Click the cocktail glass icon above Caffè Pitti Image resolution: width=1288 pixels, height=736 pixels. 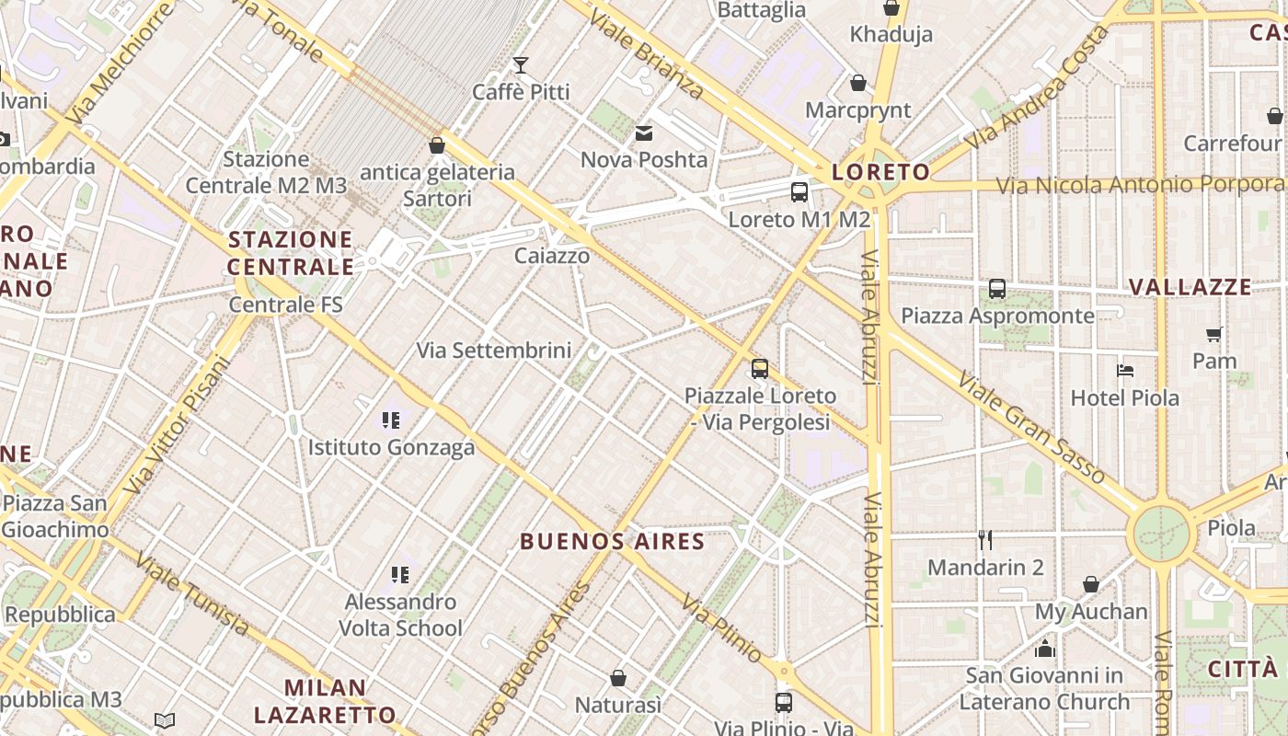[521, 64]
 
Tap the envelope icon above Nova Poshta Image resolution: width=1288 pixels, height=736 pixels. [644, 133]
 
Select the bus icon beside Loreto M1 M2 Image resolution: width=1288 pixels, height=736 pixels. [799, 192]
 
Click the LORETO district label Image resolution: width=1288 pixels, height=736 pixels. [880, 172]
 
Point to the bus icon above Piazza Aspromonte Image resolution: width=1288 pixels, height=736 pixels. [997, 289]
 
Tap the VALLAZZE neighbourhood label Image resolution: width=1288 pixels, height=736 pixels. [1190, 287]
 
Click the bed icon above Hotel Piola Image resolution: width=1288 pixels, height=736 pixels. [1124, 371]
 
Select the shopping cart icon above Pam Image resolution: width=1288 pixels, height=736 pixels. [1213, 334]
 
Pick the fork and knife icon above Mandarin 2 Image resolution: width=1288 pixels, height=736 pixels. [985, 539]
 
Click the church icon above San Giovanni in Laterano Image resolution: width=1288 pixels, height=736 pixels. [1044, 649]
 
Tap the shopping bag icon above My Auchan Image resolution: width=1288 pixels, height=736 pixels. [1091, 584]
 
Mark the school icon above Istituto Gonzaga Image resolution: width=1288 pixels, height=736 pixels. [391, 420]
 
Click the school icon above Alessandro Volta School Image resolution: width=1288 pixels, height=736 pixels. [400, 575]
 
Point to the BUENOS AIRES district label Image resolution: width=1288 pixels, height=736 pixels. [613, 541]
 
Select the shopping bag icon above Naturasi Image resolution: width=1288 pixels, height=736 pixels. [618, 678]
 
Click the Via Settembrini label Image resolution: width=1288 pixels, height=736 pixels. [494, 351]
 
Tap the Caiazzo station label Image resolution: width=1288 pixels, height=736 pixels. [552, 256]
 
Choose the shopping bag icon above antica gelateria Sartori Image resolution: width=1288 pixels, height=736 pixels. [437, 145]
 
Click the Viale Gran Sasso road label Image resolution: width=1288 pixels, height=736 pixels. [1030, 427]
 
